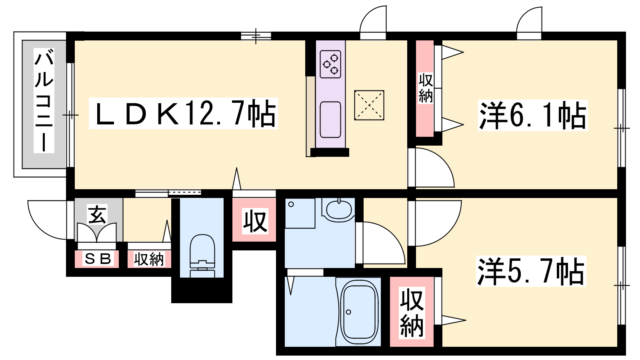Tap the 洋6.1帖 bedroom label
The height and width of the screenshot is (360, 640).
(x=532, y=116)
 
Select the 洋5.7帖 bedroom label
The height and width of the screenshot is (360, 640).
(x=531, y=271)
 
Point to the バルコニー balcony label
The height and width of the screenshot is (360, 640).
(x=44, y=100)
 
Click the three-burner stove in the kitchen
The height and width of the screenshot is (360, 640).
(x=330, y=64)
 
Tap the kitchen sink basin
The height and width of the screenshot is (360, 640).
(x=330, y=120)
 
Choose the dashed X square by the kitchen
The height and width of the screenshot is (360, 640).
(x=369, y=105)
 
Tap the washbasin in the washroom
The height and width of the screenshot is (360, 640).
(x=338, y=210)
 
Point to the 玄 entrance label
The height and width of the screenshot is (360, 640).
(x=97, y=214)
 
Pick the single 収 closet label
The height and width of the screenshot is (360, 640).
(x=255, y=221)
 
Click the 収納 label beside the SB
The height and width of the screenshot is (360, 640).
(x=149, y=260)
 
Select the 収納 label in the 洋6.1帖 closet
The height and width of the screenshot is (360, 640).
(x=426, y=88)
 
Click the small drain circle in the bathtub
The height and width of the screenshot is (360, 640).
(x=348, y=312)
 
